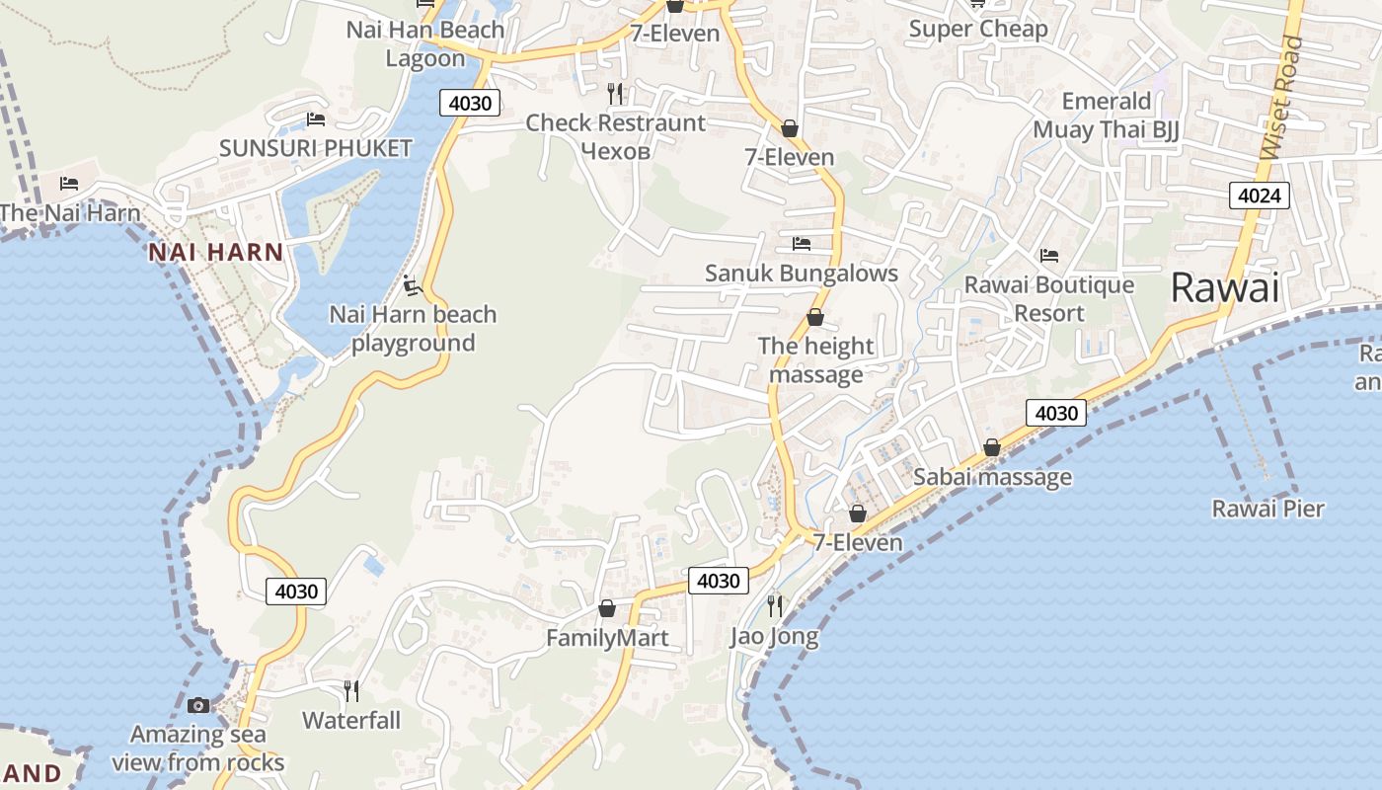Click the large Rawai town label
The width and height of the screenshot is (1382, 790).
[1224, 288]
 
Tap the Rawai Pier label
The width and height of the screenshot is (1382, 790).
[1268, 510]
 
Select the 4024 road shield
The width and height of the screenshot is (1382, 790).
[1260, 196]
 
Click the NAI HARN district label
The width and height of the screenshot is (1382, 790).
[216, 252]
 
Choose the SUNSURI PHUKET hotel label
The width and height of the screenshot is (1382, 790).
[316, 149]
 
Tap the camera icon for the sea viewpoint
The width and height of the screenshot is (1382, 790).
[198, 705]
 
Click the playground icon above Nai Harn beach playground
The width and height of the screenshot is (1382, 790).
[413, 286]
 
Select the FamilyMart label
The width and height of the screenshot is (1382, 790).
[607, 639]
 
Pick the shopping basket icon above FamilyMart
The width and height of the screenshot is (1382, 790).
[607, 608]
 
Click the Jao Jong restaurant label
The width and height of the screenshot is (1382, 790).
[775, 637]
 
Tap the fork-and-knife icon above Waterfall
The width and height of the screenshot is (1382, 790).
[350, 690]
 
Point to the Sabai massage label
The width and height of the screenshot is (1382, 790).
[992, 478]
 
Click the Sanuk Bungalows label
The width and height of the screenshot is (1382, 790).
[802, 274]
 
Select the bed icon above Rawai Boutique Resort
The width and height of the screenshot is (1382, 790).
[1049, 256]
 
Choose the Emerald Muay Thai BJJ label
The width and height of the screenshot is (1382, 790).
[1107, 116]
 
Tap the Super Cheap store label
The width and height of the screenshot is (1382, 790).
[978, 30]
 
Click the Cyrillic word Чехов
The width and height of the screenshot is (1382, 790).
[616, 151]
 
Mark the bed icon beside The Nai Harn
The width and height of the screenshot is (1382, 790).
[69, 184]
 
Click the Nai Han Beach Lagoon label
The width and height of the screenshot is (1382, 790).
[425, 43]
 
